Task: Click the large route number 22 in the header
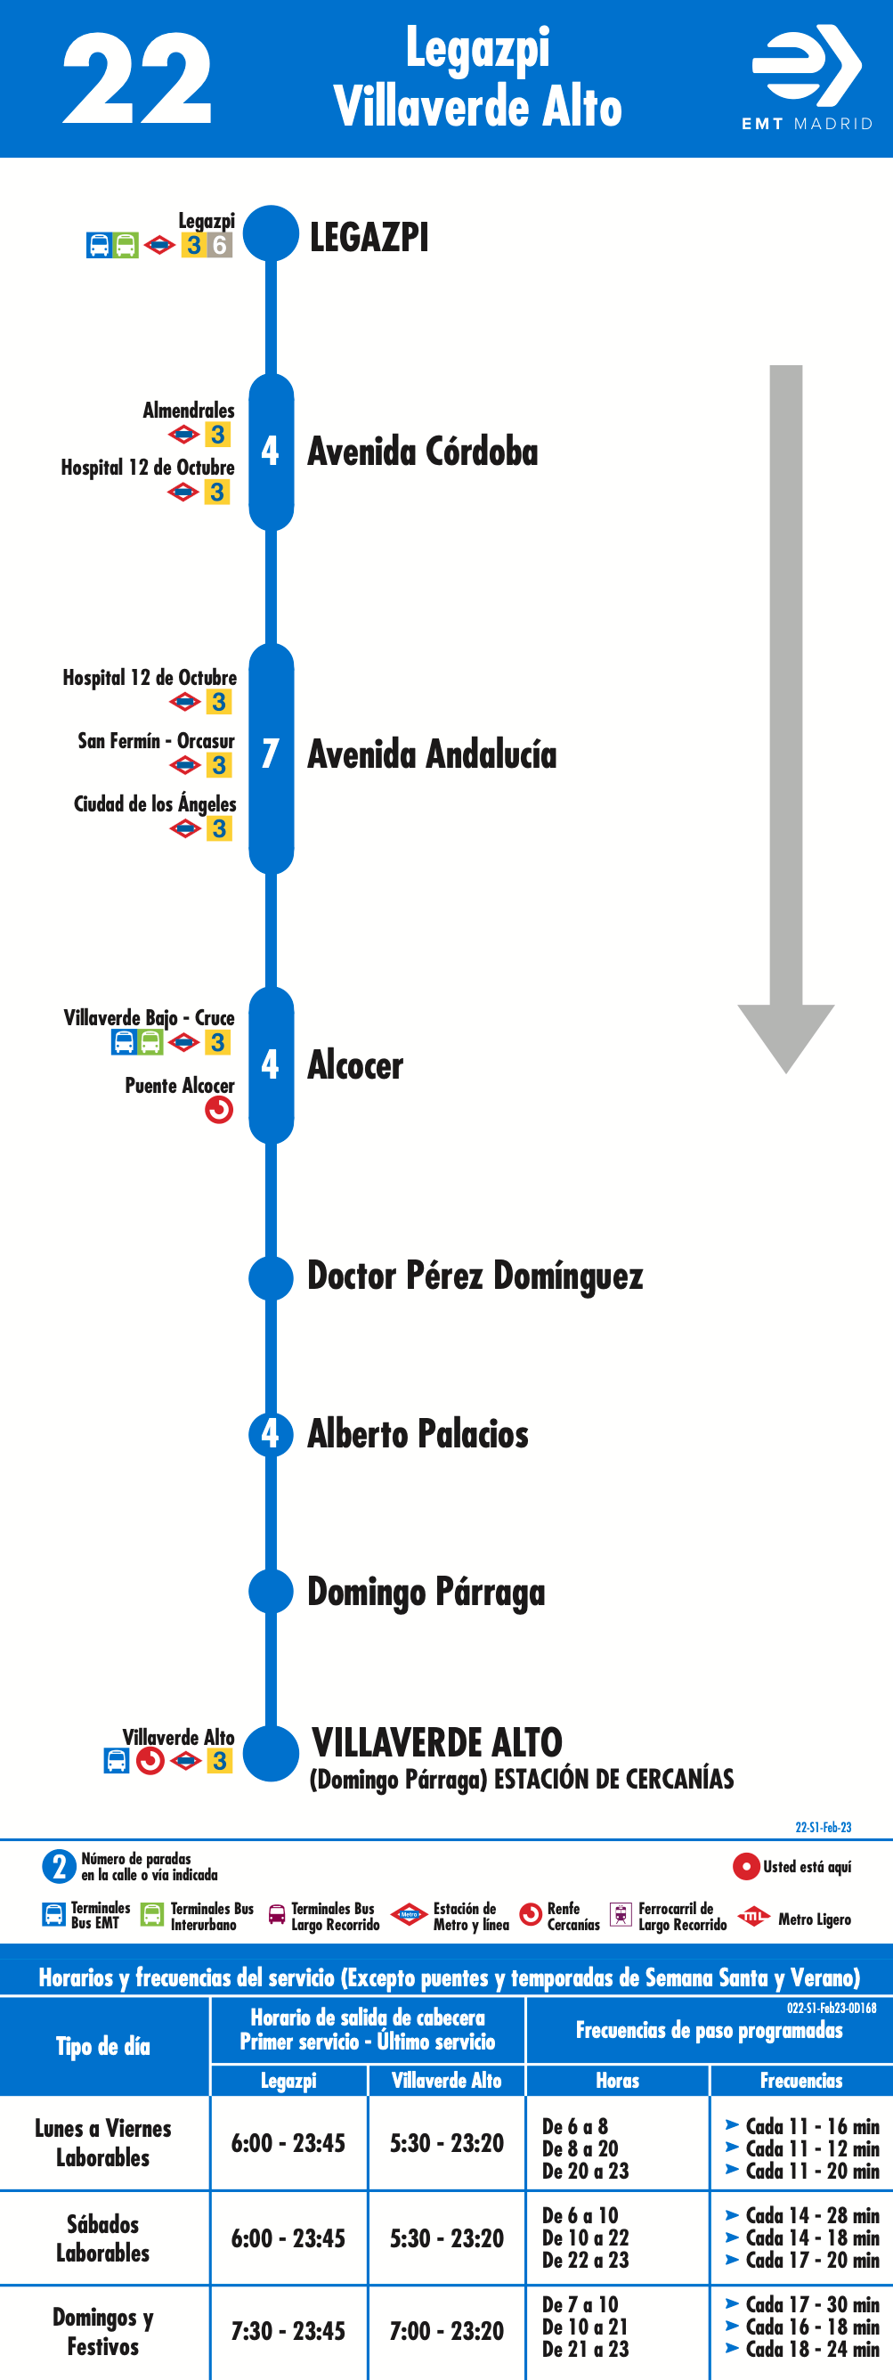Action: [137, 78]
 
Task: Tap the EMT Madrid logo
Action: [808, 77]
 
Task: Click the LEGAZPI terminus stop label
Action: [369, 238]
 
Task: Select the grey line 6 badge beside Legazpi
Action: [220, 245]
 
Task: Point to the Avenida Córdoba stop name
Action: [422, 452]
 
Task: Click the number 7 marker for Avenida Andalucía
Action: [271, 754]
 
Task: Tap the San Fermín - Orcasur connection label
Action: [156, 741]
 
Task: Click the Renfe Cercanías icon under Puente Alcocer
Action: [219, 1110]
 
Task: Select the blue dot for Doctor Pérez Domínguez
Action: [271, 1278]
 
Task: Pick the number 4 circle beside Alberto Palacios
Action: [271, 1434]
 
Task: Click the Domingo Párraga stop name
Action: [426, 1593]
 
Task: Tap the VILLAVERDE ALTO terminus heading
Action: [437, 1742]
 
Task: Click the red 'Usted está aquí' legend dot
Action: [745, 1866]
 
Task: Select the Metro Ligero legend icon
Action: [753, 1917]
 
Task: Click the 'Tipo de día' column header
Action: [102, 2046]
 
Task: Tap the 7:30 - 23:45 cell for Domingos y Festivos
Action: [288, 2331]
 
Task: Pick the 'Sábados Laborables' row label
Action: [102, 2237]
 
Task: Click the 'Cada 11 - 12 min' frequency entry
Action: [802, 2148]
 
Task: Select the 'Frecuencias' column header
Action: [800, 2080]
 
